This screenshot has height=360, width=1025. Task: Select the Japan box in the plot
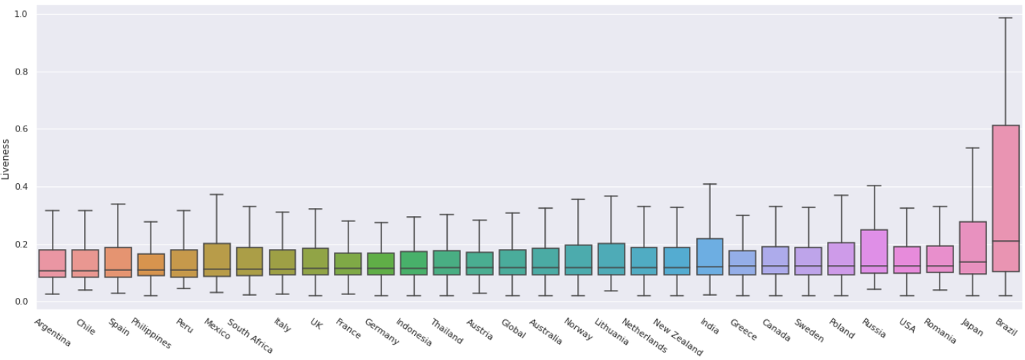coord(972,248)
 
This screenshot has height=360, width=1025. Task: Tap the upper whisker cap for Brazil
coord(1005,18)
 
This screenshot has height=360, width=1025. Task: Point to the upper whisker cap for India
coord(709,184)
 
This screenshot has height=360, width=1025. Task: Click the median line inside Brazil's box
coord(1005,241)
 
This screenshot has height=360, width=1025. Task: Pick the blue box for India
coord(709,256)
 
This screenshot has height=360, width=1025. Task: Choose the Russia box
coord(874,251)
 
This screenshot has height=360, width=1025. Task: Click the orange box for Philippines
coord(150,264)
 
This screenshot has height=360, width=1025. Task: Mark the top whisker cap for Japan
coord(972,148)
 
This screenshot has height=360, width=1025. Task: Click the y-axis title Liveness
coord(7,159)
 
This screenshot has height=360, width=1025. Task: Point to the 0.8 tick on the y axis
coord(22,72)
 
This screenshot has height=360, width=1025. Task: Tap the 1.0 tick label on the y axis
coord(22,14)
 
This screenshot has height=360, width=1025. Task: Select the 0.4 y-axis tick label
coord(22,187)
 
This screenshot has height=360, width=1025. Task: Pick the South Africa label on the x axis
coord(250,336)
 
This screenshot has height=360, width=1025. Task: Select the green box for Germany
coord(381,264)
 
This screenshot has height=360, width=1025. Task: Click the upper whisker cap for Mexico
coord(216,194)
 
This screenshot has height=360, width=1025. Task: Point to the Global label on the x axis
coord(513,329)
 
